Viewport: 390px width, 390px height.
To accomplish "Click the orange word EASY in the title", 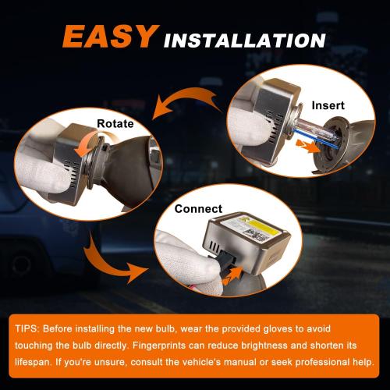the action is point(111,37).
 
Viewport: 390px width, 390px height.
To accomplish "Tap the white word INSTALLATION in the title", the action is point(245,41).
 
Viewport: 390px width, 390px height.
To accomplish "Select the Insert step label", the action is point(328,105).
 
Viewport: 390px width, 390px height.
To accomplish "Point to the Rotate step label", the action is point(115,123).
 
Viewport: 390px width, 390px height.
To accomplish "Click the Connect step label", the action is point(198,209).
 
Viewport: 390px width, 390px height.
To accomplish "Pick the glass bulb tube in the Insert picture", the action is point(318,134).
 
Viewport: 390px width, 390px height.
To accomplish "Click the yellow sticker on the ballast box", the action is point(257,229).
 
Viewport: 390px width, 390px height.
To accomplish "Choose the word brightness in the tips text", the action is point(264,346).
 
